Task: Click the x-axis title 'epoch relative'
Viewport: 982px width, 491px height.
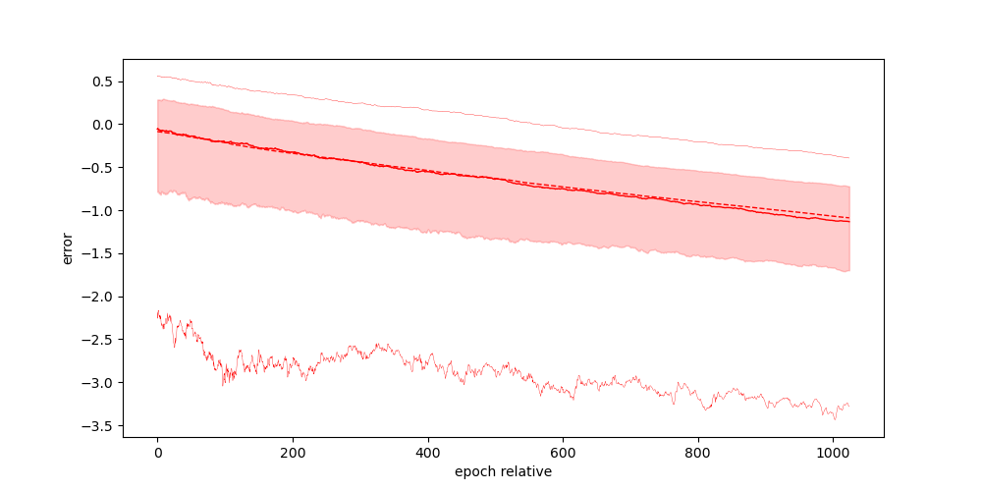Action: (x=503, y=471)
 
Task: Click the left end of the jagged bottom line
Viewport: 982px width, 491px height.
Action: (x=157, y=312)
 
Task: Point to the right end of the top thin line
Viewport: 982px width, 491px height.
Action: (x=849, y=158)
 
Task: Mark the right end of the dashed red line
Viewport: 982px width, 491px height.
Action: (x=849, y=217)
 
